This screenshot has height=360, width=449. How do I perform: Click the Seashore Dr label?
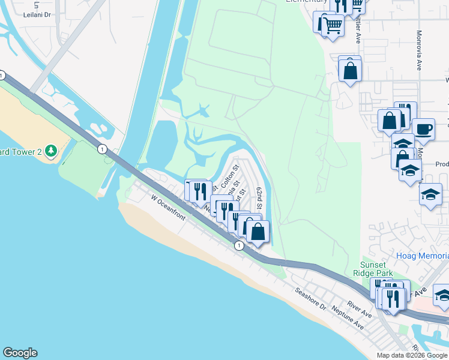point(310,298)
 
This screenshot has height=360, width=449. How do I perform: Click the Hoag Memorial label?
point(423,256)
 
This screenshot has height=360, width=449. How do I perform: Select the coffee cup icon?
point(423,128)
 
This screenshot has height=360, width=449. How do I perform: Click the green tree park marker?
point(51,151)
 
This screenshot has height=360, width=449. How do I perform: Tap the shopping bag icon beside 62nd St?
point(258,232)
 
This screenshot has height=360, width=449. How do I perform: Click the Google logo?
point(20,353)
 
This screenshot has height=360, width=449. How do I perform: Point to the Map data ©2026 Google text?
point(411,355)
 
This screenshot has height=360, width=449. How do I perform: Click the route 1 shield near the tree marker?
point(103,148)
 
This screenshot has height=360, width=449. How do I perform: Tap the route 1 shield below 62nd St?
point(239,245)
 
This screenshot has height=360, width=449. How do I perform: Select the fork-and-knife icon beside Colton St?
point(200,191)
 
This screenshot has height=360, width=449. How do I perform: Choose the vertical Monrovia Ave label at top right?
point(418,51)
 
